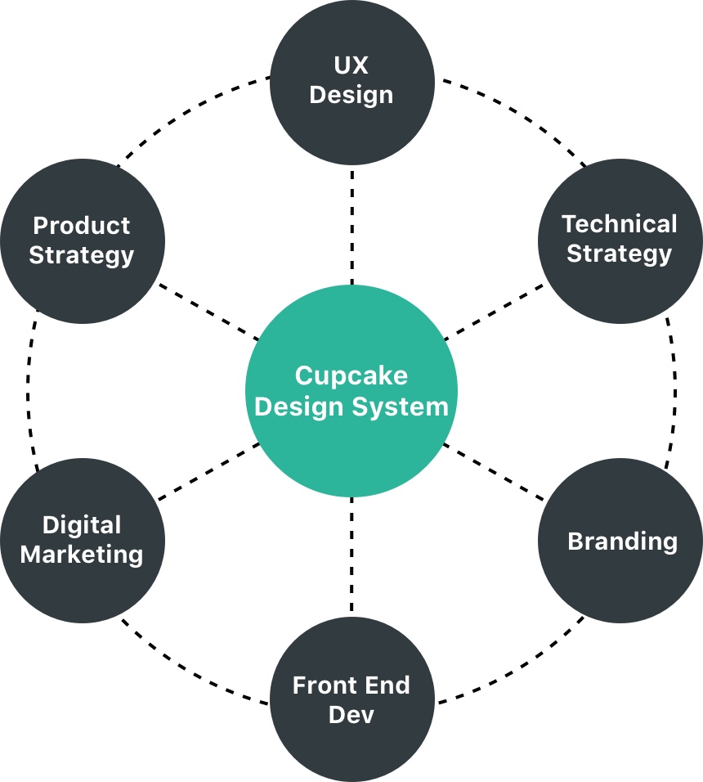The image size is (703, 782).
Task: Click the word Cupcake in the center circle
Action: tap(351, 376)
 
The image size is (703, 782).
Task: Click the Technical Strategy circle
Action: tap(620, 238)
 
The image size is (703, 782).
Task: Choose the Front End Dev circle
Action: tap(351, 699)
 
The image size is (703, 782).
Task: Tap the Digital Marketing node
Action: tap(83, 540)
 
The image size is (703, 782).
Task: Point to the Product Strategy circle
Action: tap(83, 240)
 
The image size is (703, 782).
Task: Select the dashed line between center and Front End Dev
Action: tap(351, 556)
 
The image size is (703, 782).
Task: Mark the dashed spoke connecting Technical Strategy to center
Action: tap(495, 310)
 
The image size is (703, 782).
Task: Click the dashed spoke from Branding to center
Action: tap(495, 472)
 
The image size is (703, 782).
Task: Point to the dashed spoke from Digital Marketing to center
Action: tap(209, 472)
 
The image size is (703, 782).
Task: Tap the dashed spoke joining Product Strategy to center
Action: tap(209, 310)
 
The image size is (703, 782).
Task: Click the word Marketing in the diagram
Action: tap(82, 555)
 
